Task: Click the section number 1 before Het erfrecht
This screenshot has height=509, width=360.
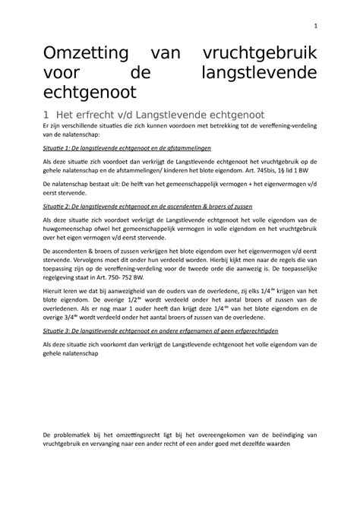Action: pos(46,114)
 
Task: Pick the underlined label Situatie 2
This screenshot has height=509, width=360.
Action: pos(58,206)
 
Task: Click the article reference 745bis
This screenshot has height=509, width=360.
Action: pos(257,173)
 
